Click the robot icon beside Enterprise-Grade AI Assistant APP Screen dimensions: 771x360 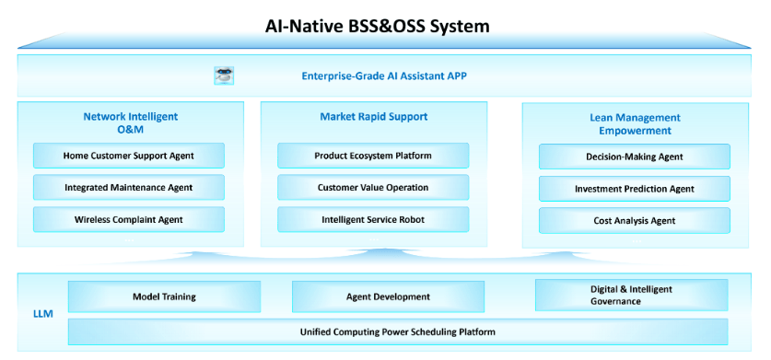(x=224, y=75)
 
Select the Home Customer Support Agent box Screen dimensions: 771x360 (x=129, y=156)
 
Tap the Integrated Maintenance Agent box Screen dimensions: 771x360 (x=129, y=188)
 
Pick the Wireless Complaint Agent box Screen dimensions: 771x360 (x=129, y=219)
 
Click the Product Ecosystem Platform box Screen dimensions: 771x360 (x=373, y=156)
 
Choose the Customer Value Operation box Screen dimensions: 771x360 (x=373, y=188)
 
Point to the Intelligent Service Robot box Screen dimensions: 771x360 (x=373, y=219)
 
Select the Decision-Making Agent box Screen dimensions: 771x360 (x=635, y=157)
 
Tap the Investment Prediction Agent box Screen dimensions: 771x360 (x=635, y=189)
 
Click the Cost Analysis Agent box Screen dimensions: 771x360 (x=635, y=221)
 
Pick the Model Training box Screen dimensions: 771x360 (x=164, y=296)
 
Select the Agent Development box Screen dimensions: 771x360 (x=389, y=296)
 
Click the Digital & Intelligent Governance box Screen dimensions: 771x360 (x=631, y=295)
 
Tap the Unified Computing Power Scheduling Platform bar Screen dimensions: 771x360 (x=398, y=332)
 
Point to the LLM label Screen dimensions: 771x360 (x=43, y=314)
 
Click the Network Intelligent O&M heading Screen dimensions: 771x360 (x=131, y=123)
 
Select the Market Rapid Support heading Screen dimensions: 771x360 (x=374, y=117)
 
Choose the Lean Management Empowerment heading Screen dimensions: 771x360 (x=636, y=124)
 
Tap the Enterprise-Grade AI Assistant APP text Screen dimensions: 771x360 (x=384, y=75)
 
